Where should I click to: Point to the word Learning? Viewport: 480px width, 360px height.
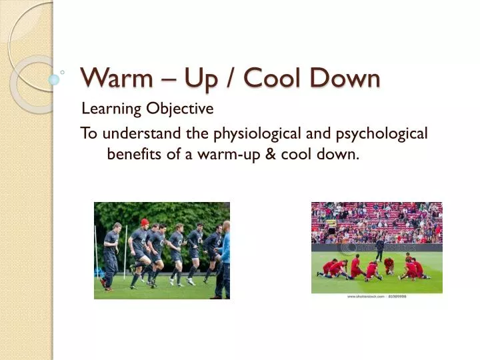pos(111,109)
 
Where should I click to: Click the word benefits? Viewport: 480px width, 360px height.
pos(132,155)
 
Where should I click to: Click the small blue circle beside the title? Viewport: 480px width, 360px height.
pos(54,79)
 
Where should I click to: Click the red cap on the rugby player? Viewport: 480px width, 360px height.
pos(145,222)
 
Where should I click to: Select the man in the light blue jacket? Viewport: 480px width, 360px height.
pos(225,257)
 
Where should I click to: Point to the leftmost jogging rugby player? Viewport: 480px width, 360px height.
pos(111,257)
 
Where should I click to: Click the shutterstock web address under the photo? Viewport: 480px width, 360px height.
pos(376,296)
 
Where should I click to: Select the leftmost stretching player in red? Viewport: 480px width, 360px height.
pos(327,268)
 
